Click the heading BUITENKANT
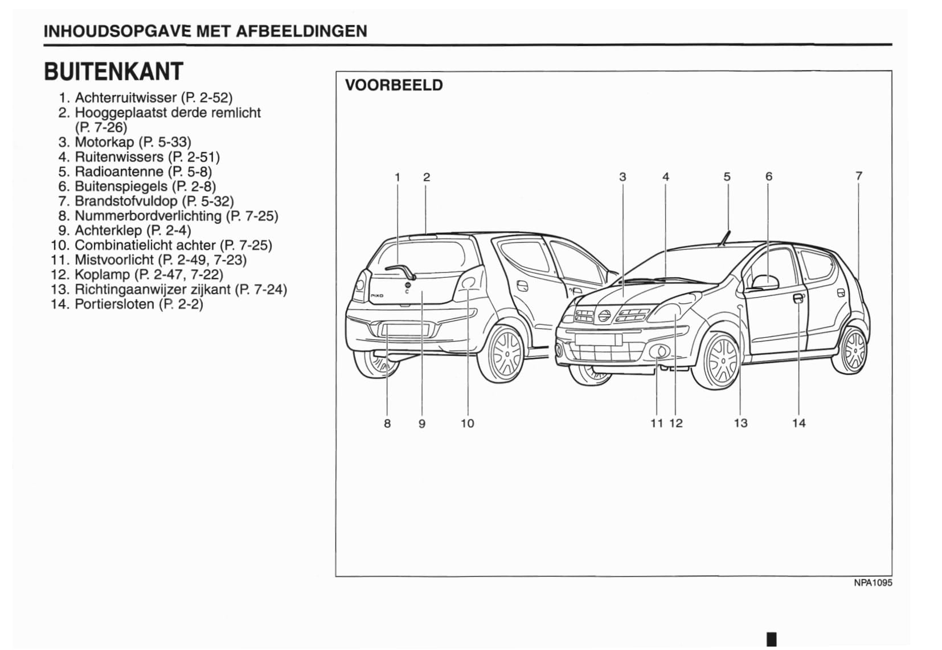tap(113, 72)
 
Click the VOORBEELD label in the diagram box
tap(394, 85)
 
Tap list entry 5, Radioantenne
tap(142, 171)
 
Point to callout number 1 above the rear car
tap(398, 177)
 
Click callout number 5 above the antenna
tap(727, 177)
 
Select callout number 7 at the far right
tap(858, 176)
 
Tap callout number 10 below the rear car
tap(467, 423)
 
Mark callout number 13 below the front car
tap(740, 423)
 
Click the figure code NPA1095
tap(872, 583)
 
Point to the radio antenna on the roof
tap(725, 237)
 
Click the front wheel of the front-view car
tap(720, 360)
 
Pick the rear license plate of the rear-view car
tap(405, 331)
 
